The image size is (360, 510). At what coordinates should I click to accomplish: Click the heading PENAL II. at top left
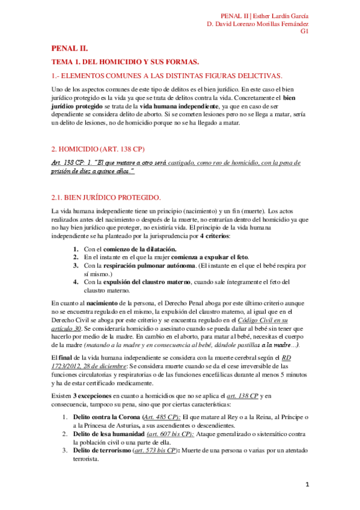[x=70, y=49]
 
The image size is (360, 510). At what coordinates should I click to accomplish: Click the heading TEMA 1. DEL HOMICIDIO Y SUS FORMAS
[x=125, y=62]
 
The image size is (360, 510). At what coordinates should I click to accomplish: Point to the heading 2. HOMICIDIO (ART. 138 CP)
[x=97, y=148]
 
